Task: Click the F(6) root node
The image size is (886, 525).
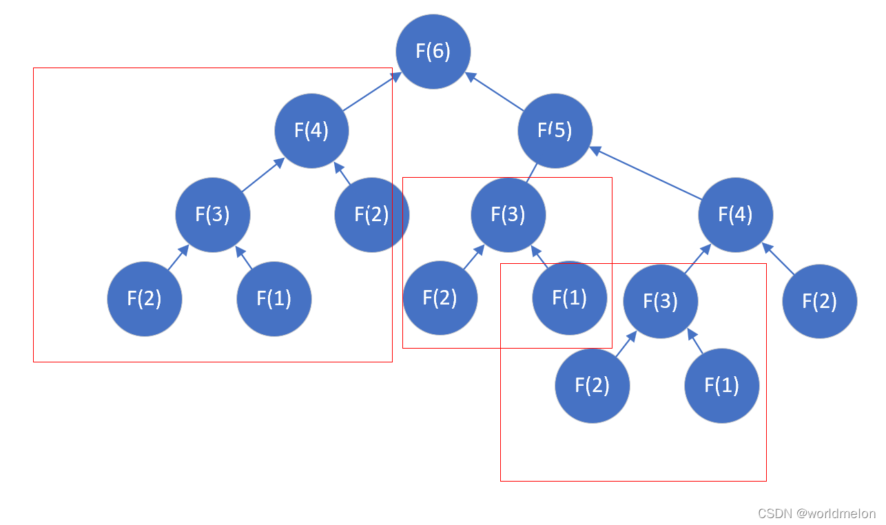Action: click(433, 52)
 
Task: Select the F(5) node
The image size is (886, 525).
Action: click(555, 130)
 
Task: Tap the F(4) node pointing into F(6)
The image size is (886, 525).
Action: click(311, 130)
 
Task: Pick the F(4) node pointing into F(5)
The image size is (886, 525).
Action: click(735, 214)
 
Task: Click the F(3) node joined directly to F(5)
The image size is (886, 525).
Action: click(508, 214)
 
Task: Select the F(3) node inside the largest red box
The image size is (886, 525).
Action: click(212, 214)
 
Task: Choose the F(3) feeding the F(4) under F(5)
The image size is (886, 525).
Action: click(660, 301)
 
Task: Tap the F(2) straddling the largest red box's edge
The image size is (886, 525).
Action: click(371, 214)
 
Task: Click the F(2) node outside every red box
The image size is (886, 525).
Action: click(819, 301)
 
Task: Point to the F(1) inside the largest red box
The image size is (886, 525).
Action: click(274, 298)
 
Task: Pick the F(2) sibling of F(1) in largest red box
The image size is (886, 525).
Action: click(144, 298)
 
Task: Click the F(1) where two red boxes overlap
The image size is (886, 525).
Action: click(569, 298)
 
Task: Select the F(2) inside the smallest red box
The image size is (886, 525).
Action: click(440, 298)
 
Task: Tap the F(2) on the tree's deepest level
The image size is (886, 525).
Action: click(592, 384)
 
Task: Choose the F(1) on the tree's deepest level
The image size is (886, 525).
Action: click(721, 384)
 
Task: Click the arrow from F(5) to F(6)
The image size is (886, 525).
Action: click(495, 92)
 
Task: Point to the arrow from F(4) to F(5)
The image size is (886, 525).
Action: click(646, 172)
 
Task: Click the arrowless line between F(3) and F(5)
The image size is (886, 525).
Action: click(532, 173)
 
